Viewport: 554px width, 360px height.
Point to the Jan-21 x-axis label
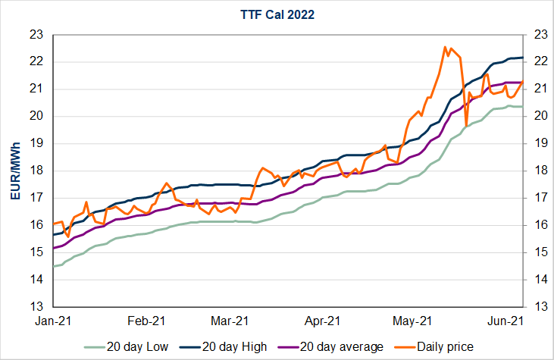click(52, 320)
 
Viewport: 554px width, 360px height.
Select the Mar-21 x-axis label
click(231, 320)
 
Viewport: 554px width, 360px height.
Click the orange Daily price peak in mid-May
click(445, 47)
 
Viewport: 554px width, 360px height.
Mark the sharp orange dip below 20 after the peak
click(466, 126)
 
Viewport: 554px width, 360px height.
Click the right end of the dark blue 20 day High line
click(522, 58)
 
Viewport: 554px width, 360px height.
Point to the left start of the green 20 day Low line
click(53, 266)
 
